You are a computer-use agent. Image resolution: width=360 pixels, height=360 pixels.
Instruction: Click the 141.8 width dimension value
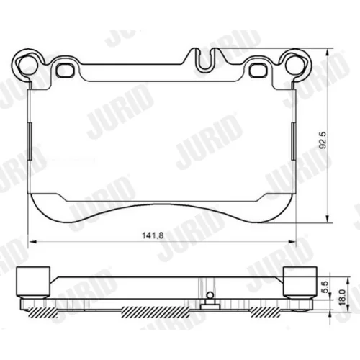pos(153,235)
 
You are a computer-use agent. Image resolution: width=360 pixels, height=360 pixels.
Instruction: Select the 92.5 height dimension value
pos(324,140)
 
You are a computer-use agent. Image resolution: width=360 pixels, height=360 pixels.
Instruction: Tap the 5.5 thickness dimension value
pos(324,287)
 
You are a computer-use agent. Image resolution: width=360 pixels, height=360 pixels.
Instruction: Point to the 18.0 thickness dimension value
pos(343,297)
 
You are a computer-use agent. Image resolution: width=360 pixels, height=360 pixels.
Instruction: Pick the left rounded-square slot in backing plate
pos(64,70)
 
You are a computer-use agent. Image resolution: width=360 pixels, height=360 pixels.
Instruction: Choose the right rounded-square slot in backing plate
pos(258,70)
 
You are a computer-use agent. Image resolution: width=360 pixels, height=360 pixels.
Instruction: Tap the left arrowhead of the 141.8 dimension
pos(32,242)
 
